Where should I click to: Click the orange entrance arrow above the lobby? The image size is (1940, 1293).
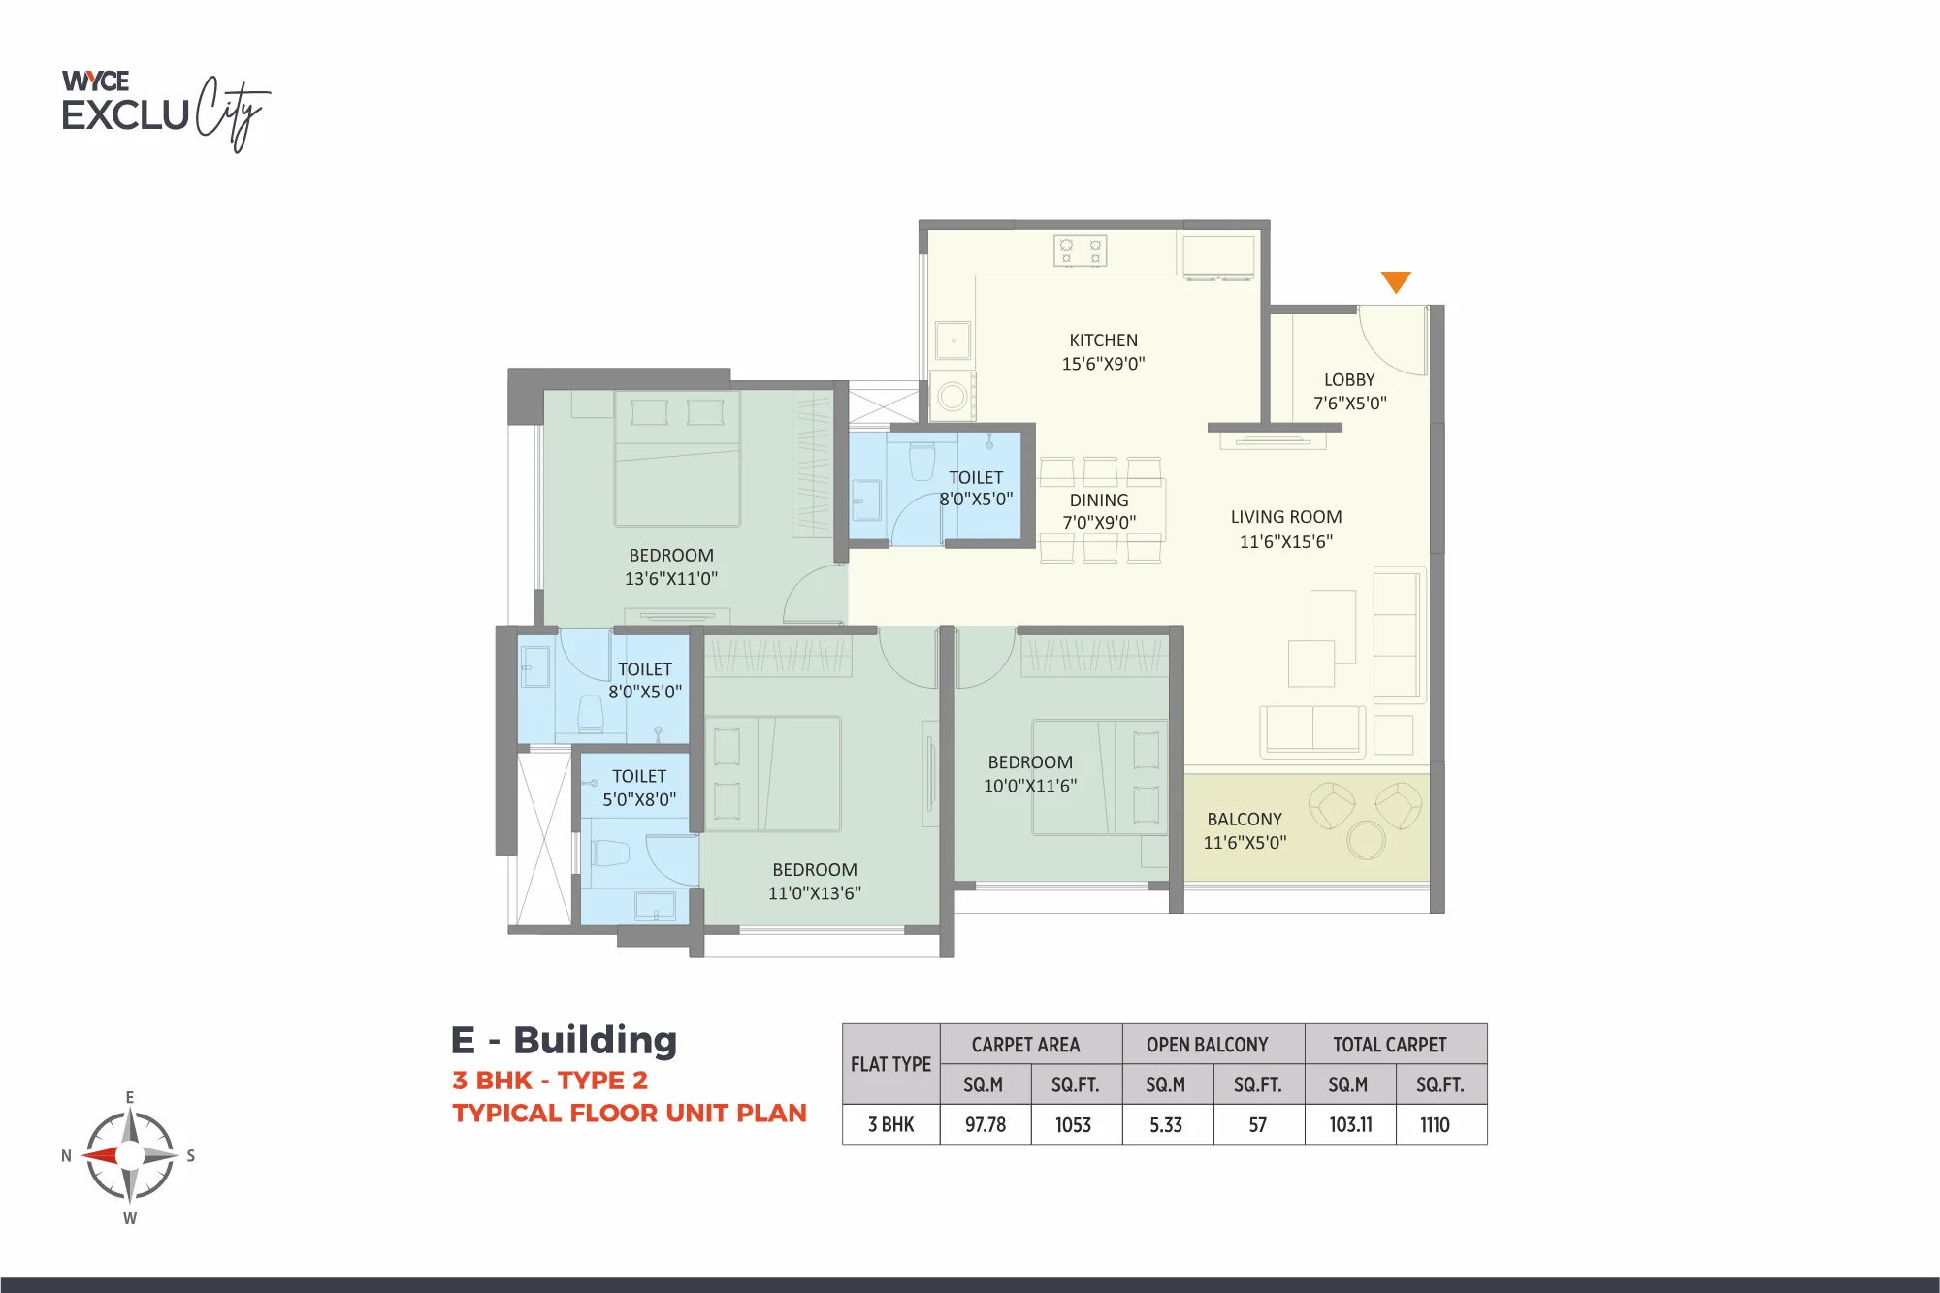pos(1396,280)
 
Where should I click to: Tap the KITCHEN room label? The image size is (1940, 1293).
pos(1104,340)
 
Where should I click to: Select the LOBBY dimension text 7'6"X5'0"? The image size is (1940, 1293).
pos(1350,403)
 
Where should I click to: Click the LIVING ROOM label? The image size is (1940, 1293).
pos(1286,517)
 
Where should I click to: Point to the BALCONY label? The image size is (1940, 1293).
pos(1245,820)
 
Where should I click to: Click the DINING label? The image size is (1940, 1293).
pos(1099,501)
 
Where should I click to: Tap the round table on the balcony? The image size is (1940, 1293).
pos(1366,840)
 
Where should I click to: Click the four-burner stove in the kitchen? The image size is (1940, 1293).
pos(1081,251)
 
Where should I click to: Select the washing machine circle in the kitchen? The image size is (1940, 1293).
pos(953,396)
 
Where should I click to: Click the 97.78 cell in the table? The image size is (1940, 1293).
pos(986,1124)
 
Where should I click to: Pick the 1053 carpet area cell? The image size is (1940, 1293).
pos(1074,1124)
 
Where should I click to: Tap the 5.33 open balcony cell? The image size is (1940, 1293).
pos(1166,1124)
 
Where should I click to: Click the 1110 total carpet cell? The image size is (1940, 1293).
pos(1436,1124)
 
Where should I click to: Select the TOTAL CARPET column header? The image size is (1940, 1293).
pos(1390,1045)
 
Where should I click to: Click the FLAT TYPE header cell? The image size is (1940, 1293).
pos(890,1064)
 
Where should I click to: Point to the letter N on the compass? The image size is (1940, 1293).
pos(66,1155)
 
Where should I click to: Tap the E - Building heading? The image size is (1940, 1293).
pos(564,1040)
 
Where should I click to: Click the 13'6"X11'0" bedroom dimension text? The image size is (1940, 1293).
pos(671,579)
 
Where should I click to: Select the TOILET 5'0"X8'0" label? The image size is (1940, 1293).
pos(639,788)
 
